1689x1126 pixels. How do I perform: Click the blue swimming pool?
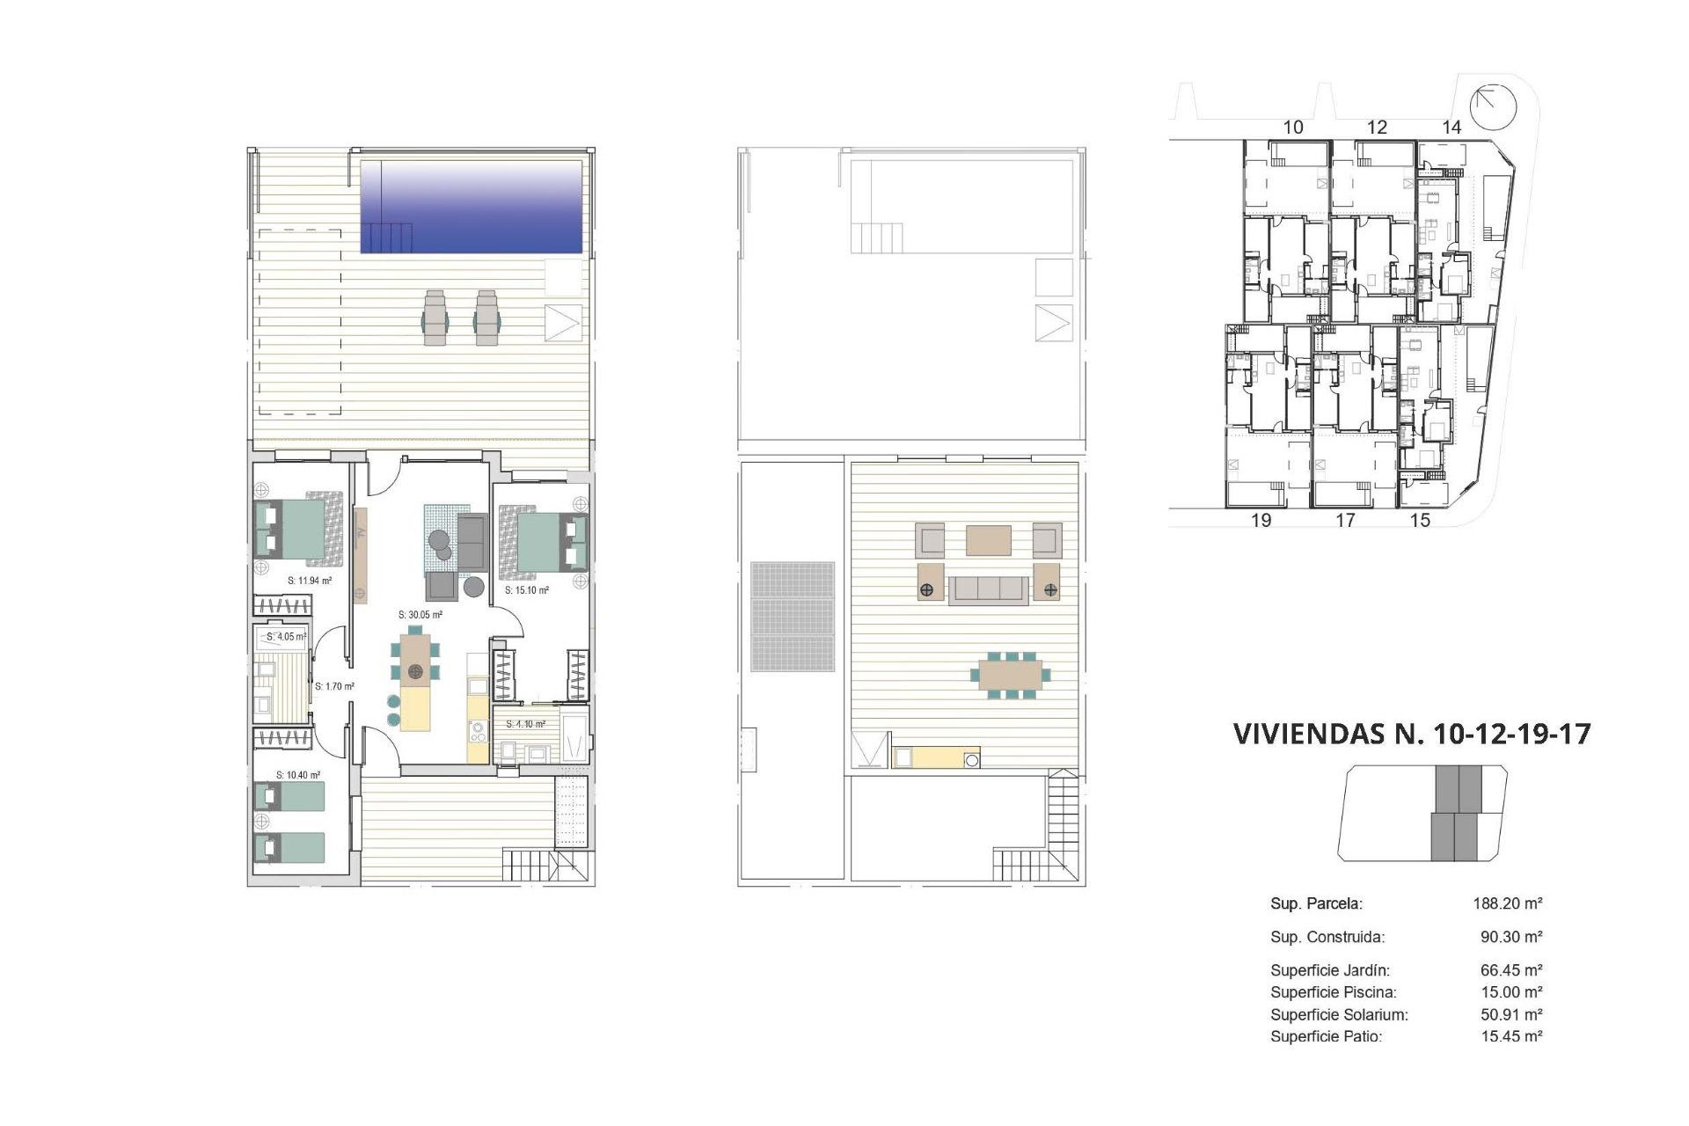tap(472, 207)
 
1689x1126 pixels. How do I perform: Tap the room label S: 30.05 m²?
tap(420, 615)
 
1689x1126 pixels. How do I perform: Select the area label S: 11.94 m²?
tap(310, 581)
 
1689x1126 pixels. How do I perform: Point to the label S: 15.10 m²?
tap(527, 590)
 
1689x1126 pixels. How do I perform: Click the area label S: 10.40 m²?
tap(298, 775)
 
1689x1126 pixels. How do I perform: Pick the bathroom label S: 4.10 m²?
tap(525, 724)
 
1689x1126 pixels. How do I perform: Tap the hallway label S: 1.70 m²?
tap(334, 686)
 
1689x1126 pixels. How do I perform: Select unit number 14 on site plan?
tap(1451, 128)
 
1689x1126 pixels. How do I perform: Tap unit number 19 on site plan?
tap(1261, 520)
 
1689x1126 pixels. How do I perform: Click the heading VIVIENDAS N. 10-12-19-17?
tap(1412, 734)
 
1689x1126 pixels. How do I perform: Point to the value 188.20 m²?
tap(1508, 903)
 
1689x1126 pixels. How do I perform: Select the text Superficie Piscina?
tap(1333, 992)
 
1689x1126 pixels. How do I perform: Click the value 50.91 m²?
tap(1511, 1014)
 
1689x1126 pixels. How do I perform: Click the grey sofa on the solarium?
tap(988, 589)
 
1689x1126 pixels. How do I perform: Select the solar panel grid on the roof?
tap(793, 617)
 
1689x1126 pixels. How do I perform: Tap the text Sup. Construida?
tap(1327, 937)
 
